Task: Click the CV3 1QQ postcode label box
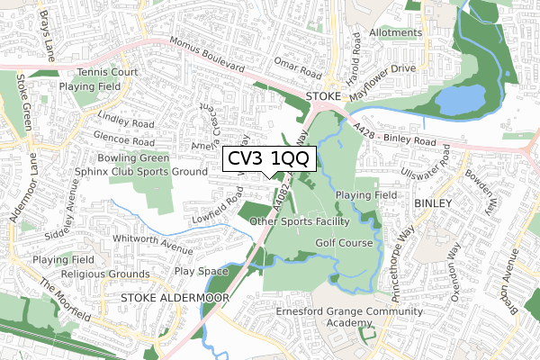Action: [267, 158]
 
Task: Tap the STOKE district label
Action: [324, 95]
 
